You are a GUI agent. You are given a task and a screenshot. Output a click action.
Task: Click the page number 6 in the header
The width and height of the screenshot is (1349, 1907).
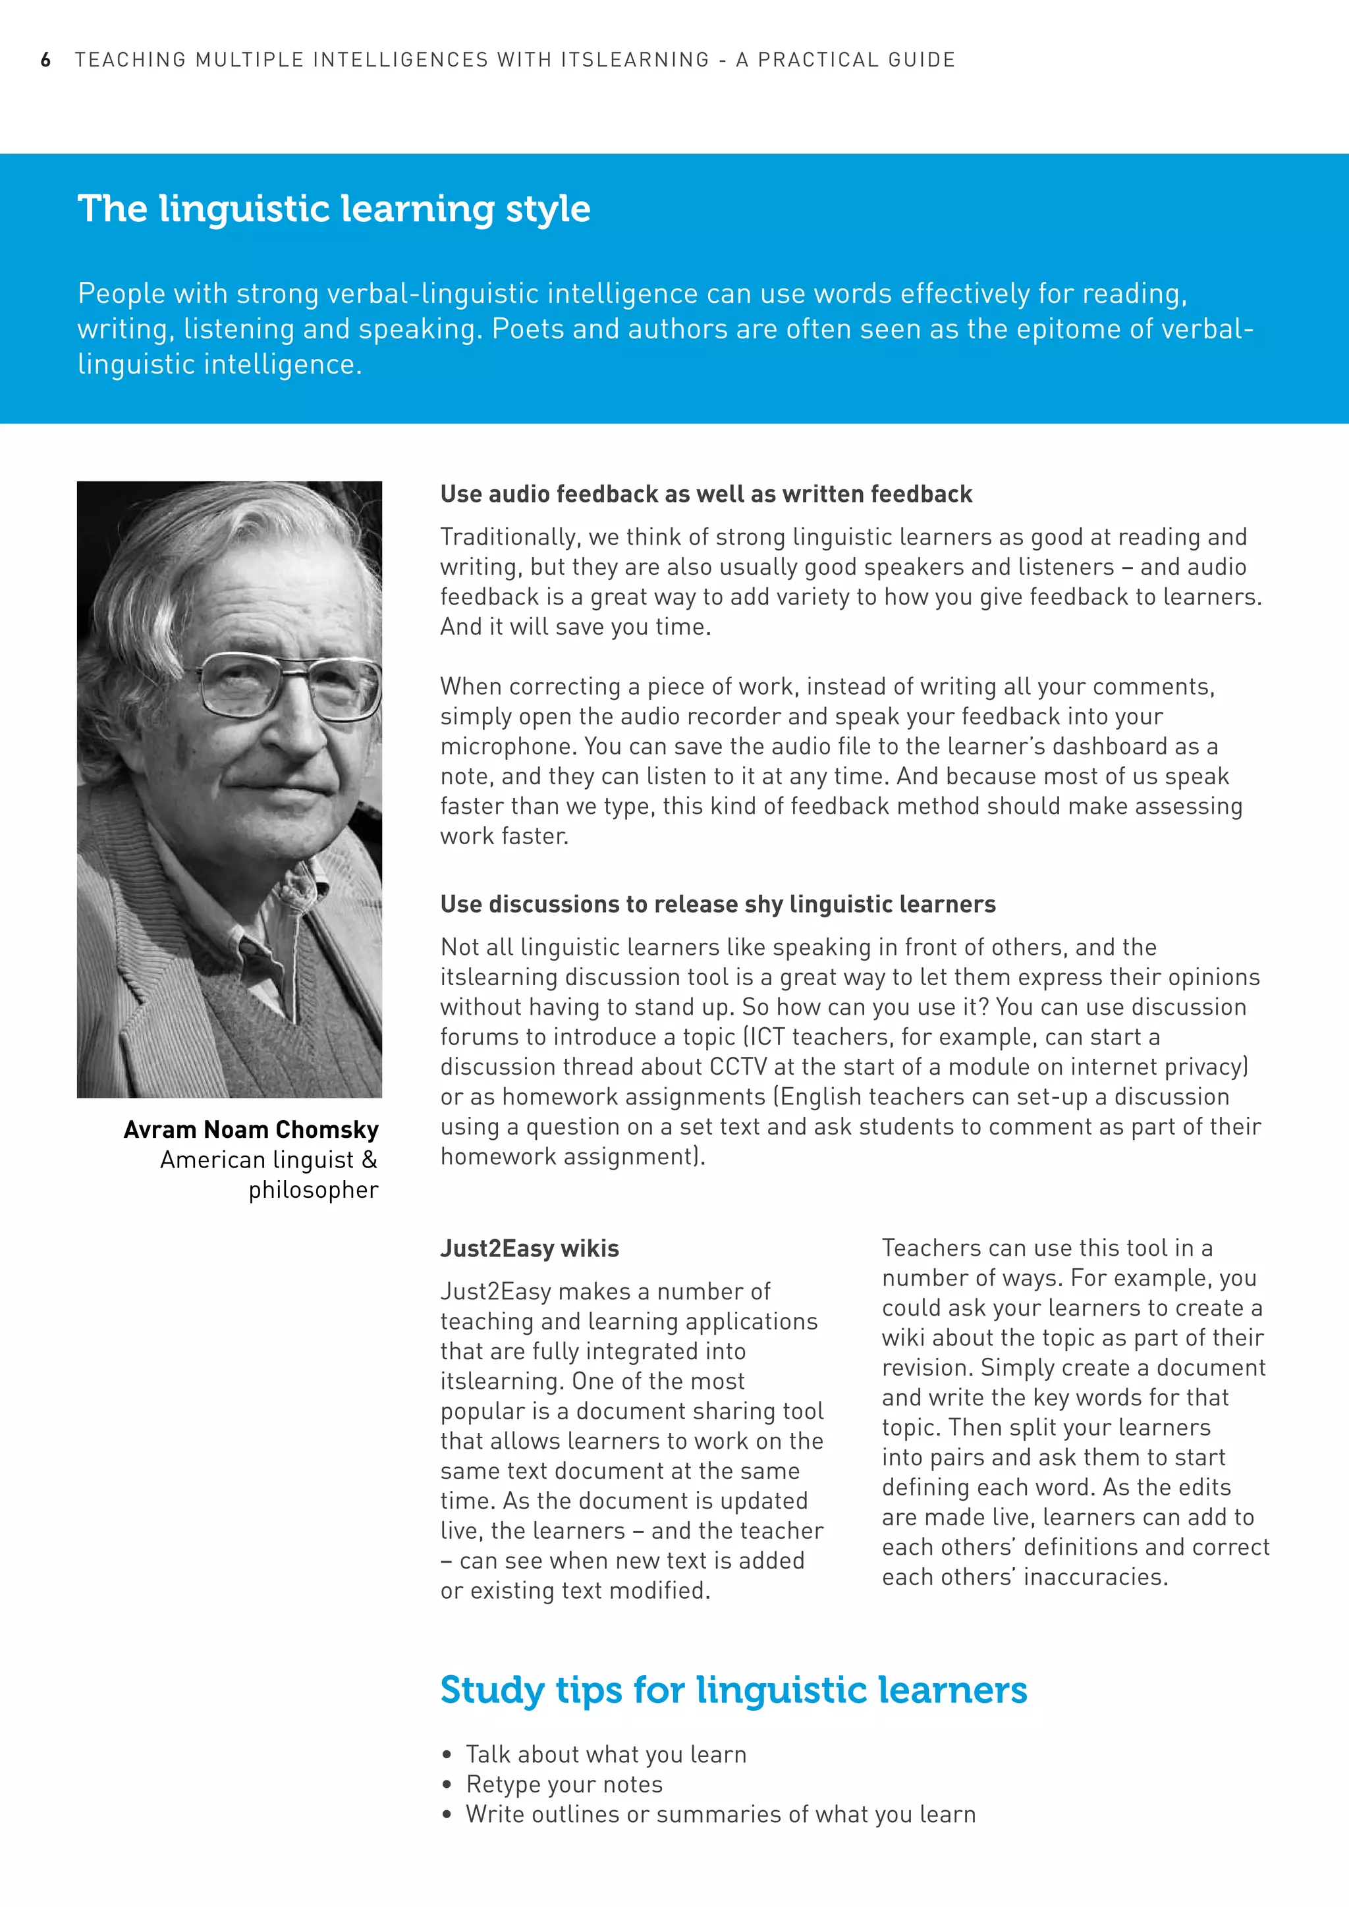45,60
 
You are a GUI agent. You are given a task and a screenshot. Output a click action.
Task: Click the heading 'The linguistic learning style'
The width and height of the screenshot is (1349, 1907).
334,209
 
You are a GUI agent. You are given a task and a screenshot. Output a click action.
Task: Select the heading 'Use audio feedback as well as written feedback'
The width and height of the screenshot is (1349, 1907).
705,494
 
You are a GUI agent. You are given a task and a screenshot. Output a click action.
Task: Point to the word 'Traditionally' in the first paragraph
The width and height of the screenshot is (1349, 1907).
509,537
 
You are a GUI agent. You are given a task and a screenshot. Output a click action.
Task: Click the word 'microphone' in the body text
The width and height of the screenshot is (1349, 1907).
509,747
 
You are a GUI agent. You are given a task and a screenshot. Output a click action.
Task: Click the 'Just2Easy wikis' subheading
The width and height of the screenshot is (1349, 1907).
529,1249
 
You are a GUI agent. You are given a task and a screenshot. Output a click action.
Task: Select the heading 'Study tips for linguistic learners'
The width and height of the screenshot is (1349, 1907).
734,1690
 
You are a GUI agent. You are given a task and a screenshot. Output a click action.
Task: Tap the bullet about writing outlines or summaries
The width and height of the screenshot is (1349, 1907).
720,1814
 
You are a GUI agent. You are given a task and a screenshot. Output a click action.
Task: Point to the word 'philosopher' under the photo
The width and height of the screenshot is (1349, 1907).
313,1190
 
